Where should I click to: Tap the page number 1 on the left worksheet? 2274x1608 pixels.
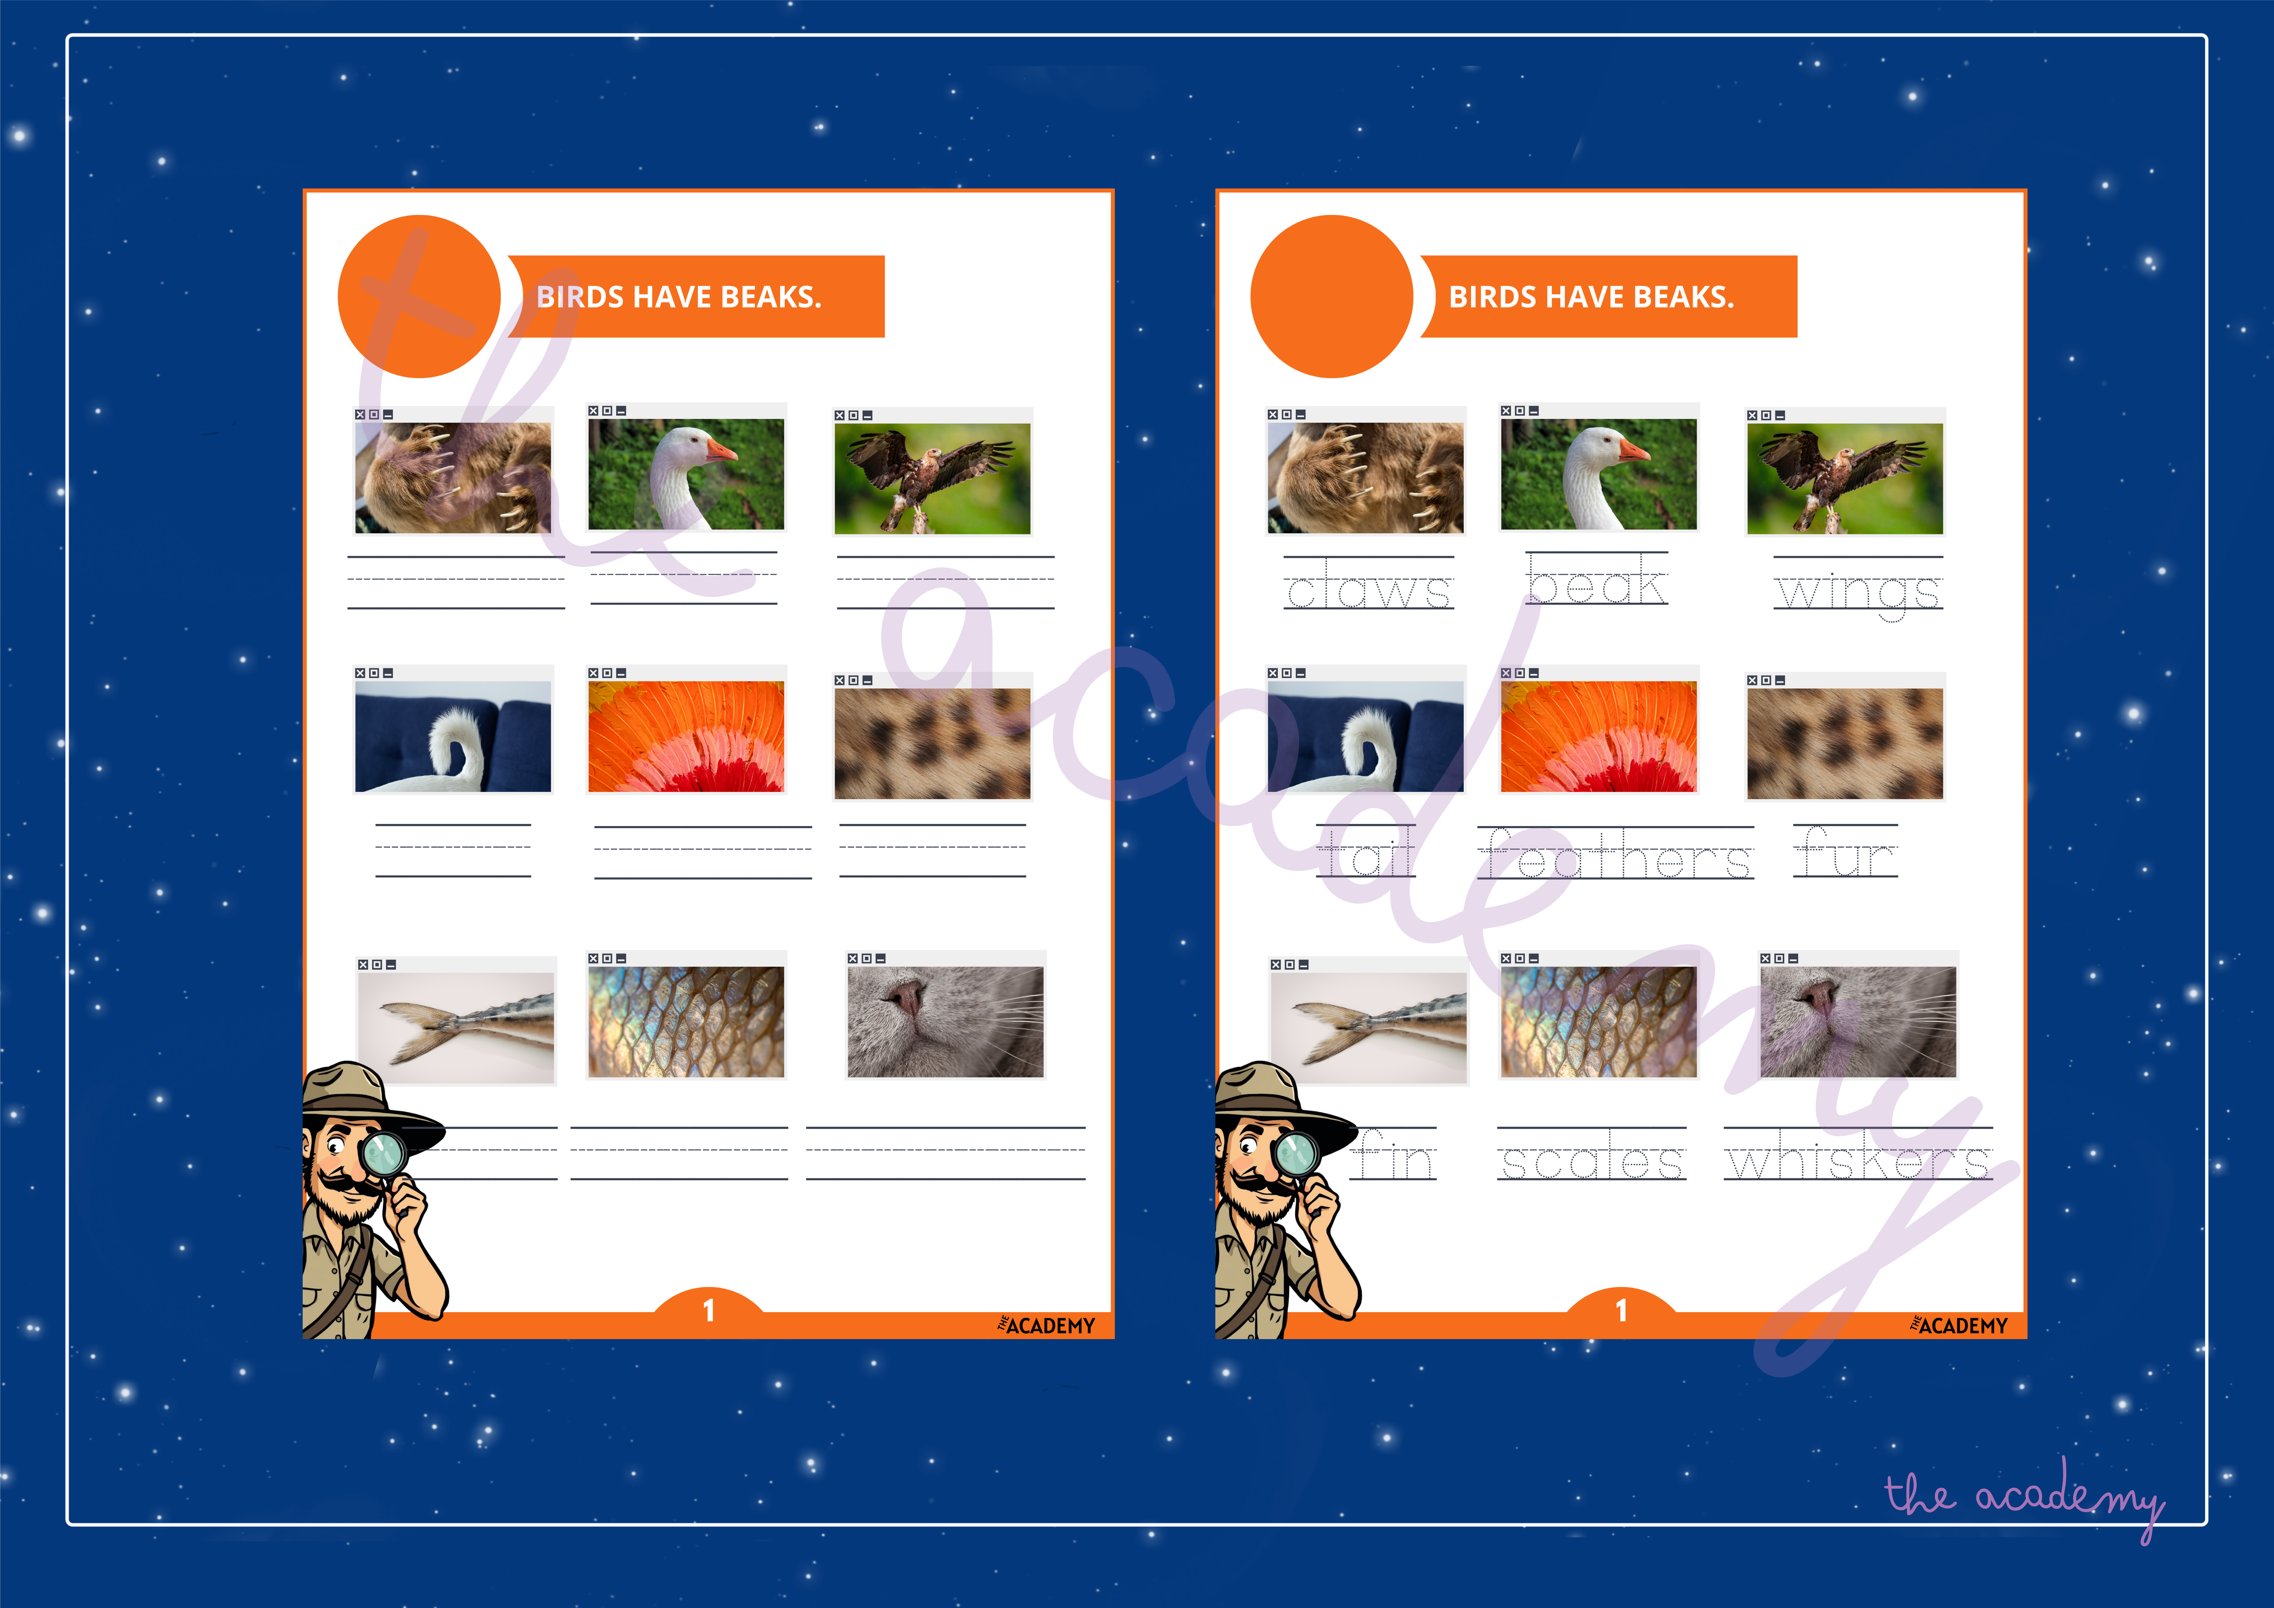[x=708, y=1311]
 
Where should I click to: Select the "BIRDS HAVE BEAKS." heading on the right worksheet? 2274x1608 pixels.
[x=1591, y=297]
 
